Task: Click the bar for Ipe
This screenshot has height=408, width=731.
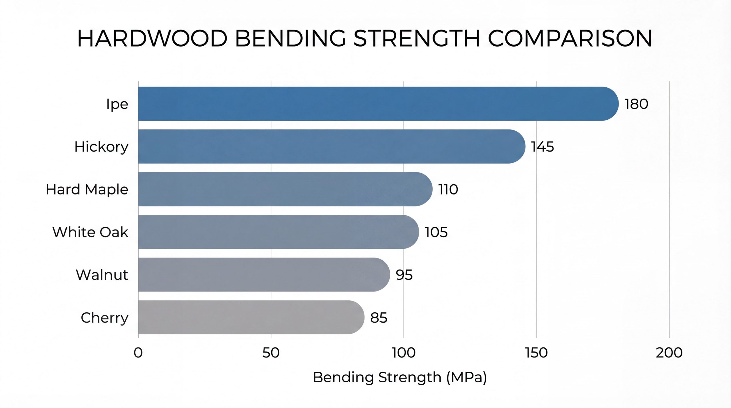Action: [x=377, y=104]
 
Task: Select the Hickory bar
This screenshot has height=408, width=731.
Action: [x=331, y=146]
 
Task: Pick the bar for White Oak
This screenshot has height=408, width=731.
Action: [x=278, y=232]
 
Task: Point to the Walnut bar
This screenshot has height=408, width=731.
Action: [x=264, y=275]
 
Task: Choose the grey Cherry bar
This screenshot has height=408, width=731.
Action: [x=251, y=317]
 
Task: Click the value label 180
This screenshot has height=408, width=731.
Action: [x=636, y=104]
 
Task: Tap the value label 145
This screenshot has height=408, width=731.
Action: [x=542, y=147]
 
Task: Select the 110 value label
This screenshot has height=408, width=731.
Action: [x=448, y=190]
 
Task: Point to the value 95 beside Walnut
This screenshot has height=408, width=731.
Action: [x=404, y=275]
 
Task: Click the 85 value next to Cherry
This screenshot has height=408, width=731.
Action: [x=379, y=318]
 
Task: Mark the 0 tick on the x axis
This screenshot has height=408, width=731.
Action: [x=138, y=353]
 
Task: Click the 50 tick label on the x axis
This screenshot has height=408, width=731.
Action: [x=271, y=353]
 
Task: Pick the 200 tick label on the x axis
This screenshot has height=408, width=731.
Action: [x=669, y=353]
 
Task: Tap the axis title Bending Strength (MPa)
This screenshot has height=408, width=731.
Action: [x=400, y=377]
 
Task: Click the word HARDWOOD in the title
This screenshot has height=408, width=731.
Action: [x=152, y=39]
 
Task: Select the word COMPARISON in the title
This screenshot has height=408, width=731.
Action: [x=570, y=39]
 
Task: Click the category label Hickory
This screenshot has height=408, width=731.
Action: [x=101, y=147]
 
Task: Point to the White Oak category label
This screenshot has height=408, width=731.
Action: [x=90, y=232]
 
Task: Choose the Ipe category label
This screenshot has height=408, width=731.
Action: [x=117, y=104]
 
